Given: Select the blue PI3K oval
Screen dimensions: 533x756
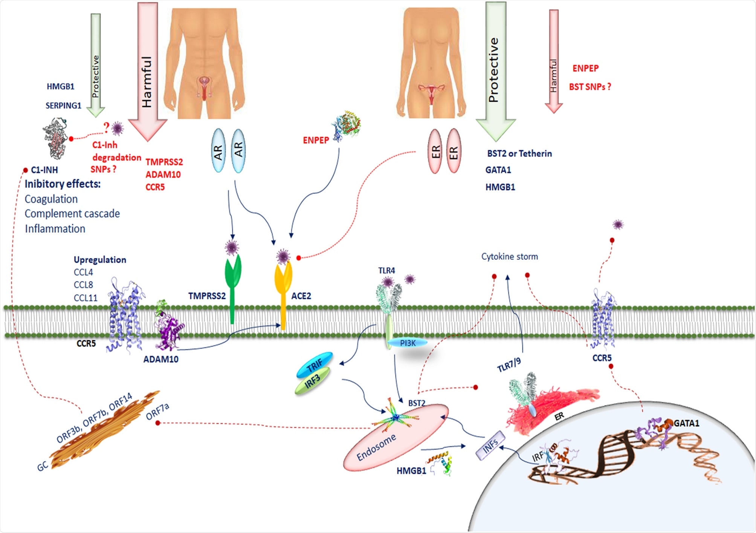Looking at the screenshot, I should [408, 343].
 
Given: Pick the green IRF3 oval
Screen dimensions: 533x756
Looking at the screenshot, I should [312, 381].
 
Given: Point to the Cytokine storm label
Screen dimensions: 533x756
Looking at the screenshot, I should [509, 257].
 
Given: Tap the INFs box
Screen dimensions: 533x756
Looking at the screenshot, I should [490, 446].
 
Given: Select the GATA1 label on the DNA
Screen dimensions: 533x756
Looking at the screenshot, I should [686, 423].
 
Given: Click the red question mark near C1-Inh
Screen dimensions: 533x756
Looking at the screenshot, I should [107, 128].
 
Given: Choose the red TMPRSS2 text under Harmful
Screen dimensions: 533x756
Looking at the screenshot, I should [164, 162].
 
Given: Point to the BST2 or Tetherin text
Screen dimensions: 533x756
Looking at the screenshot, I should [519, 154].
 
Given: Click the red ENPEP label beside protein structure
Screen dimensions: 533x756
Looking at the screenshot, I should [316, 140].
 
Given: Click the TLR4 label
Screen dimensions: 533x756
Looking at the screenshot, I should [386, 271].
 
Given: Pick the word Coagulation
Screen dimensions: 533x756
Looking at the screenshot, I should [51, 199].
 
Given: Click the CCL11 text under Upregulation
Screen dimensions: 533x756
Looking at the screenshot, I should [86, 298].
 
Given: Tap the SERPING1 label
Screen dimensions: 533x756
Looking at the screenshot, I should [63, 106].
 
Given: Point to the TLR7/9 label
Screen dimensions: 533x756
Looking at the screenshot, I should [509, 365].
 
